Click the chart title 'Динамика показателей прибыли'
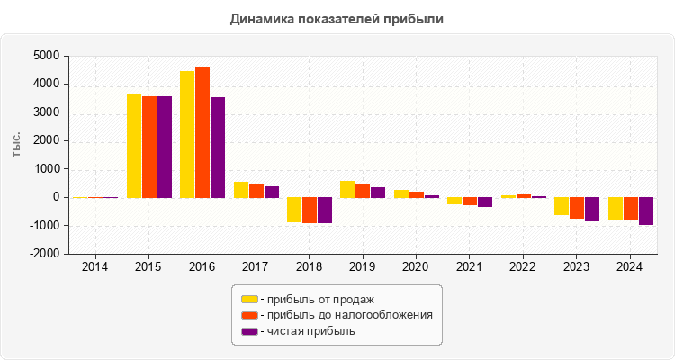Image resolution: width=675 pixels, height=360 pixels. tap(337, 18)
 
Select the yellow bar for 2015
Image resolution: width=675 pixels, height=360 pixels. tap(134, 145)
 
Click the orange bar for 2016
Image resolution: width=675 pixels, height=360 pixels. tap(202, 132)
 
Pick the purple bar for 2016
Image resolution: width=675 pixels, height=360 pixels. tap(218, 147)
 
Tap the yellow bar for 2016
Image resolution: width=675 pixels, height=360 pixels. tap(187, 134)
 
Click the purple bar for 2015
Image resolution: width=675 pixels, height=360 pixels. tap(165, 147)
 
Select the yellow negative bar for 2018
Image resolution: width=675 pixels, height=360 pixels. tap(294, 210)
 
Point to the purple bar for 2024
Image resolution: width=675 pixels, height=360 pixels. tap(646, 211)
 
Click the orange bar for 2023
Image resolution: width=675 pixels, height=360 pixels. tap(577, 208)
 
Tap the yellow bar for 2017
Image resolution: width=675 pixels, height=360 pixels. tap(241, 189)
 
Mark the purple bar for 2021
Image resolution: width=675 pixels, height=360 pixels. tap(485, 202)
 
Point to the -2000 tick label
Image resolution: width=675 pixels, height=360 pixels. tap(44, 254)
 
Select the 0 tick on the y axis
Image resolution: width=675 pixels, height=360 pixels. tap(56, 197)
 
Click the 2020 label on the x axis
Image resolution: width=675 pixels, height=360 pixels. tap(415, 266)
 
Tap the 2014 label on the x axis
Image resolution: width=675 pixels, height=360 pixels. tap(95, 266)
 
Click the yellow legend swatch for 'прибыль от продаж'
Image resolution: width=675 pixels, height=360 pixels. tap(249, 299)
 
